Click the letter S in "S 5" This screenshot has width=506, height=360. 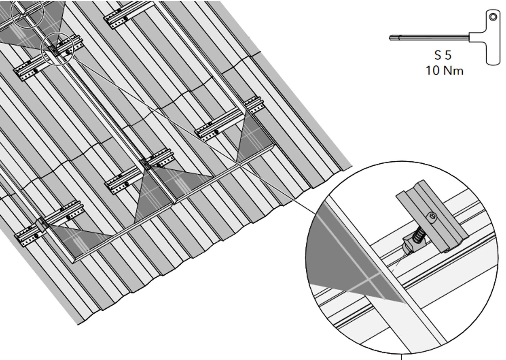(x=438, y=55)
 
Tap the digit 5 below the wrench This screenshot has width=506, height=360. (x=448, y=55)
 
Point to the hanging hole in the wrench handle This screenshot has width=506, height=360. (x=493, y=17)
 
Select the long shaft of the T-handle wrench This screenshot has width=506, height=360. (x=429, y=38)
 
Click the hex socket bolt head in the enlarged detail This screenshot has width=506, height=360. (x=432, y=217)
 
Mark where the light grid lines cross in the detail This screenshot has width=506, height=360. (x=370, y=280)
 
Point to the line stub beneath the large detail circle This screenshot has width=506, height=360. (x=401, y=357)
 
